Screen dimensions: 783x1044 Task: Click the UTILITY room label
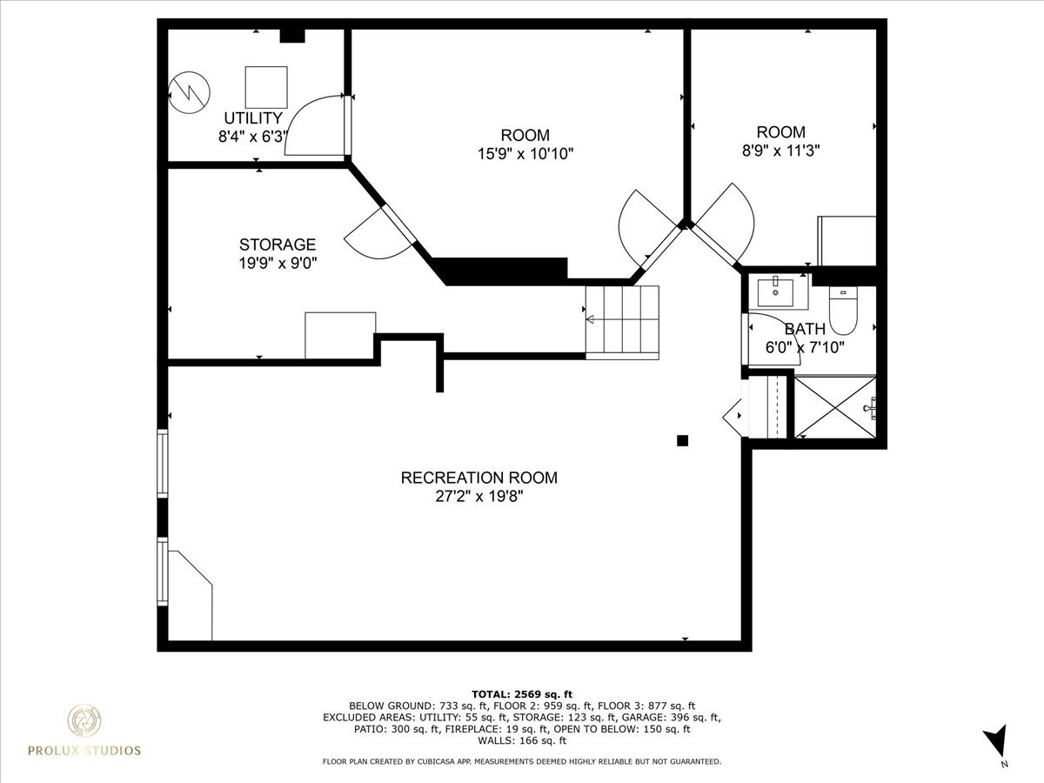coord(253,118)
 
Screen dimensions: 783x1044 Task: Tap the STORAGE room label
coord(278,244)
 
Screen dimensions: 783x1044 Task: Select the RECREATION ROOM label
coord(478,478)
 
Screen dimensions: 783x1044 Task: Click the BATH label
coord(806,329)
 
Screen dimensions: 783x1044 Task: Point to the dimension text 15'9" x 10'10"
coord(525,153)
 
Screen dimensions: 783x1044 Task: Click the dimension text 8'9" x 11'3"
coord(780,150)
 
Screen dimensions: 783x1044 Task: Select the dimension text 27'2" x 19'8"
coord(478,496)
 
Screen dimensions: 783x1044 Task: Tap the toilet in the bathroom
coord(843,312)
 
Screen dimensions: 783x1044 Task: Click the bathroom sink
coord(775,291)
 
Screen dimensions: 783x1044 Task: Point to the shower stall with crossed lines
coord(835,407)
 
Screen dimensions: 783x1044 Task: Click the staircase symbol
coord(622,321)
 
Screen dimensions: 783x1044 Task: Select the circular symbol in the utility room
coord(190,90)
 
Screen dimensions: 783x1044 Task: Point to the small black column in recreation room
coord(683,440)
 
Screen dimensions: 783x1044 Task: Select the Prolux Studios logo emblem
coord(84,721)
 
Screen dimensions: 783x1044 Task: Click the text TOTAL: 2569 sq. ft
coord(522,693)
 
